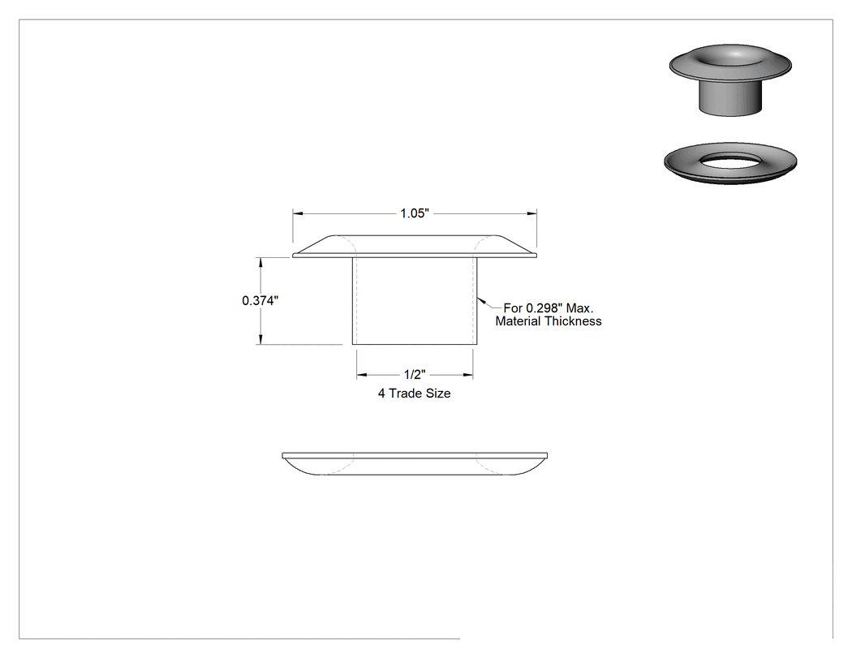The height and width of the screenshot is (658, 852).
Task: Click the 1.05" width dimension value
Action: click(415, 213)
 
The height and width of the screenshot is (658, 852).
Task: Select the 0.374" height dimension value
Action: click(260, 300)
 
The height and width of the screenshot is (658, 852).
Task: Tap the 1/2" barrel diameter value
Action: click(415, 375)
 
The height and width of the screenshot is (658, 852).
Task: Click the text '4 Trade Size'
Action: click(415, 394)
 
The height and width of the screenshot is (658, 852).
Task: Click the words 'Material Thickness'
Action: click(549, 321)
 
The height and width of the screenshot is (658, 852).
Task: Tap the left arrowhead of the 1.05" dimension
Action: click(298, 213)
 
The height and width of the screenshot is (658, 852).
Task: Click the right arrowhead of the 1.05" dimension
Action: click(532, 213)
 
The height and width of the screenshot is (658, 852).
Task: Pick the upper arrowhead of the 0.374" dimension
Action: click(260, 262)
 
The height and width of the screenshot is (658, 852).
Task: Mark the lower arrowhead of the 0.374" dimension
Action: click(260, 340)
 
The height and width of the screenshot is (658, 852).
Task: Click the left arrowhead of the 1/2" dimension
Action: click(362, 375)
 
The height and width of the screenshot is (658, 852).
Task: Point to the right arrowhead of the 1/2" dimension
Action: click(468, 375)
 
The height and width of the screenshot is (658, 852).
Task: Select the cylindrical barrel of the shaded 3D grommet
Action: click(730, 98)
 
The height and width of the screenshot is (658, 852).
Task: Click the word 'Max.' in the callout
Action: click(580, 308)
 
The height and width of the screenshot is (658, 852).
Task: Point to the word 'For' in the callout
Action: click(513, 308)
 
